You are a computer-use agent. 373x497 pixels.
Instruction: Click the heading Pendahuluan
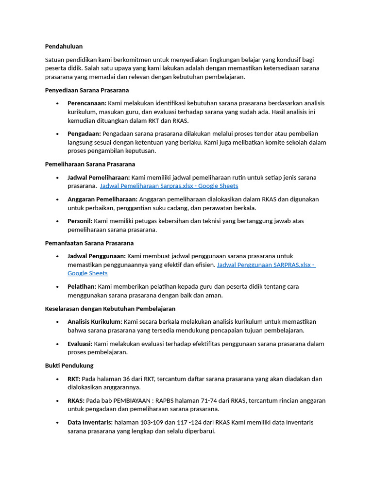pyautogui.click(x=64, y=46)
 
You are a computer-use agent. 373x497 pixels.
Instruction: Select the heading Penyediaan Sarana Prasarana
pyautogui.click(x=86, y=90)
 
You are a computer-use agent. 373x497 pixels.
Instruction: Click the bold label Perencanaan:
pyautogui.click(x=87, y=103)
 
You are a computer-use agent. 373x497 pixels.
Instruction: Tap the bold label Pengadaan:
pyautogui.click(x=84, y=133)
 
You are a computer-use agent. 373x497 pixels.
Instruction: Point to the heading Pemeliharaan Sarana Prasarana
pyautogui.click(x=90, y=164)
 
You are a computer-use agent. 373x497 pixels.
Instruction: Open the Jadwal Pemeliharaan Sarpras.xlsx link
pyautogui.click(x=169, y=186)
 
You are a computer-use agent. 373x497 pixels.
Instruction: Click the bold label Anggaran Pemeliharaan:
pyautogui.click(x=102, y=199)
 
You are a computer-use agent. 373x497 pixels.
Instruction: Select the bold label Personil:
pyautogui.click(x=80, y=221)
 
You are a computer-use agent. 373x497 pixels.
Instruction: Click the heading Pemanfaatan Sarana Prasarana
pyautogui.click(x=89, y=243)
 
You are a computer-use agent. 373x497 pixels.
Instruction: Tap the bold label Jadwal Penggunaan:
pyautogui.click(x=96, y=256)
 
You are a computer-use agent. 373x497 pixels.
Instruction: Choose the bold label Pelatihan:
pyautogui.click(x=82, y=286)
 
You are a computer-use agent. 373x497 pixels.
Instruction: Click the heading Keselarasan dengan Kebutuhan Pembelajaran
pyautogui.click(x=110, y=309)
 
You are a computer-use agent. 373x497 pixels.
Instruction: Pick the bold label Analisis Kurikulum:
pyautogui.click(x=95, y=322)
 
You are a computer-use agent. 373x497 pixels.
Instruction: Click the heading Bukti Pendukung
pyautogui.click(x=69, y=365)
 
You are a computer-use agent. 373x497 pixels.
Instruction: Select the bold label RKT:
pyautogui.click(x=74, y=379)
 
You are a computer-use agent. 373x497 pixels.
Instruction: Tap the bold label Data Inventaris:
pyautogui.click(x=90, y=422)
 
